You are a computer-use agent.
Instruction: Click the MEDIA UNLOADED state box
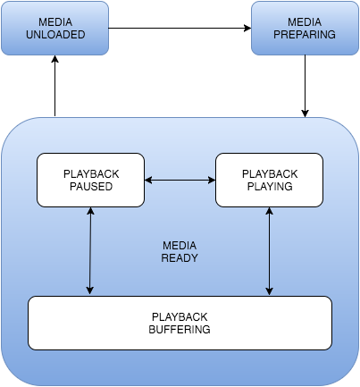pos(54,29)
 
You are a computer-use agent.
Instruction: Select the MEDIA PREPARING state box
pos(306,29)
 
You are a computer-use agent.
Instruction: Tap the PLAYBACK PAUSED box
pos(90,179)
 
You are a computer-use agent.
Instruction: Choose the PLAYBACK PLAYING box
pos(269,179)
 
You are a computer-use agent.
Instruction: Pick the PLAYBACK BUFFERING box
pos(180,323)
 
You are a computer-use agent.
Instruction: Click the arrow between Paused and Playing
pos(180,180)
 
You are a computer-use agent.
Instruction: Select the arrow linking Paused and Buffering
pos(90,250)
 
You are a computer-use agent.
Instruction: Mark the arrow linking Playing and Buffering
pos(269,250)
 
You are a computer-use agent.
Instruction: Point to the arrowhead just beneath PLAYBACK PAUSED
pos(90,212)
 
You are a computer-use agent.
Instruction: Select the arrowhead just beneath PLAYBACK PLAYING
pos(269,212)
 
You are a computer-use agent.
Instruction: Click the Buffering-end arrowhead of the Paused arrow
pos(90,290)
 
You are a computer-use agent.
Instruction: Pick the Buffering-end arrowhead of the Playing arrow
pos(269,290)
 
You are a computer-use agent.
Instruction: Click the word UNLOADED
pos(54,36)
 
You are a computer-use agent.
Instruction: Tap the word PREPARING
pos(306,36)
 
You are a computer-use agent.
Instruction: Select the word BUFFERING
pos(180,329)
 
